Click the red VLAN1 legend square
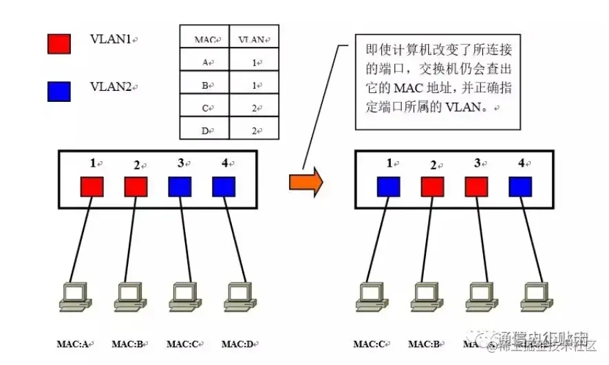(x=58, y=43)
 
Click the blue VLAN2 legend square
(x=58, y=91)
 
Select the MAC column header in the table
(x=204, y=40)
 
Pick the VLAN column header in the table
(x=254, y=40)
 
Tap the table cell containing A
(x=204, y=63)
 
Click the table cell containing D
(x=204, y=130)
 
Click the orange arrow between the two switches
(x=306, y=182)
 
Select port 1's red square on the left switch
(x=92, y=187)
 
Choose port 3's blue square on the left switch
(x=180, y=187)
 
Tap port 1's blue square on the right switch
(x=389, y=187)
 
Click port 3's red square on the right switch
(x=476, y=187)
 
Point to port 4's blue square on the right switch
(x=520, y=187)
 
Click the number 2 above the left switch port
(x=136, y=165)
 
